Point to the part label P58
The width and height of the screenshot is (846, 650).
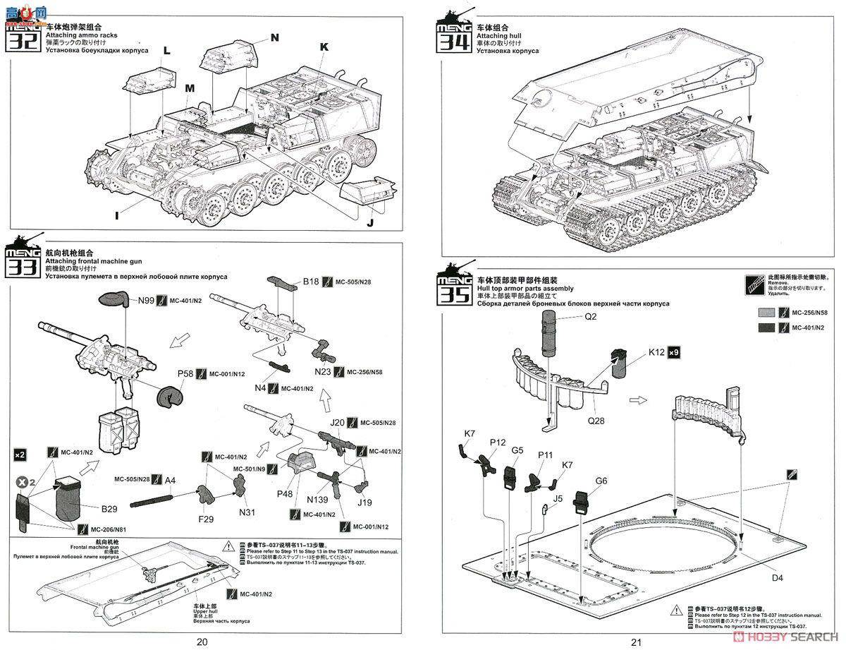click(185, 373)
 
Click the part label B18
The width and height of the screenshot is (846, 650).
click(311, 282)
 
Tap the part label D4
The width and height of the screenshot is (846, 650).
click(776, 578)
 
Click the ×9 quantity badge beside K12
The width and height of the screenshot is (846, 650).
click(674, 352)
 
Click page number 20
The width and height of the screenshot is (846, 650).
click(202, 642)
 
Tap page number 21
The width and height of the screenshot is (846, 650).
click(637, 642)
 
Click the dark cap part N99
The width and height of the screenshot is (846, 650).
click(113, 299)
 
